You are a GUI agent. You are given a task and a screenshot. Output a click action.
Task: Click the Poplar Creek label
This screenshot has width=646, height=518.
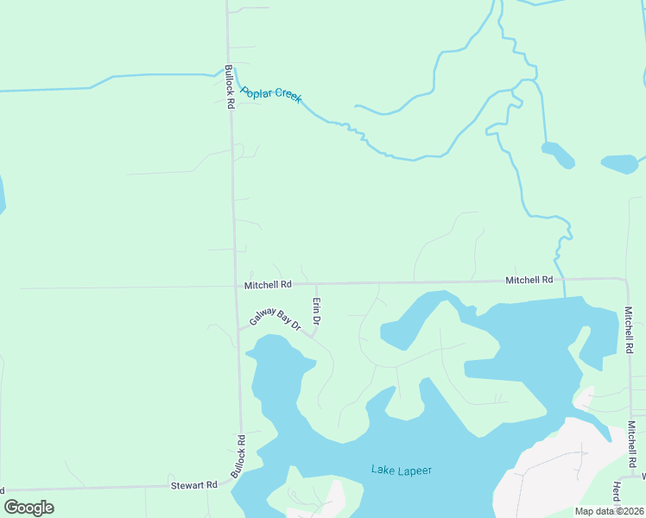(x=270, y=94)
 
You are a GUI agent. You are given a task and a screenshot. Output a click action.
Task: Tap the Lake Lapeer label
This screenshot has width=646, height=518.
(x=401, y=471)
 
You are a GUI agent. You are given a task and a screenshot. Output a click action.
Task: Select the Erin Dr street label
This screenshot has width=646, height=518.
(x=317, y=311)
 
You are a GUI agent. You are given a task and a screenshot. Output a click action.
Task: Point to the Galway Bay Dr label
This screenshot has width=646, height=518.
(x=275, y=319)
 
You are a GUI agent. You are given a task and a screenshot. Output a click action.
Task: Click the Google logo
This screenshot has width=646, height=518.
(x=28, y=508)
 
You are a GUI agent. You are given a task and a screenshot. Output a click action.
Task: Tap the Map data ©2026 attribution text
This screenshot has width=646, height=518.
(x=609, y=511)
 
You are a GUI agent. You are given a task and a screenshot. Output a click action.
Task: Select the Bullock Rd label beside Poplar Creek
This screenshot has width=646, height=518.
(x=230, y=86)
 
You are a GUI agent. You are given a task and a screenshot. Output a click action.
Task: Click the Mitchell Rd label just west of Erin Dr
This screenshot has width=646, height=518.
(x=268, y=284)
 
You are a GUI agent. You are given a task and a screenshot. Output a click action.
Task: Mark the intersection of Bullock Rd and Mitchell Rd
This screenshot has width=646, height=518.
(x=236, y=285)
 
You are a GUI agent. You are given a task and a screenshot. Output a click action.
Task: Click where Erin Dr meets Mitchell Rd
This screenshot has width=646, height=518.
(x=315, y=283)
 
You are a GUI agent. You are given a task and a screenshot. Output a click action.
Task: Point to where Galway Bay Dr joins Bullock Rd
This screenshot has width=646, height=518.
(x=238, y=329)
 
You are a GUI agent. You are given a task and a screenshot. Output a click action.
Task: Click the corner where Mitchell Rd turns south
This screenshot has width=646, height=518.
(x=627, y=280)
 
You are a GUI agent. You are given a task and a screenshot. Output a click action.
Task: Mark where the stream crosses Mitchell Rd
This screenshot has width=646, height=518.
(x=564, y=280)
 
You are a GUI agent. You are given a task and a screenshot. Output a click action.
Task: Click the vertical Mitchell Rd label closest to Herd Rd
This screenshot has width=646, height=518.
(x=632, y=441)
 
